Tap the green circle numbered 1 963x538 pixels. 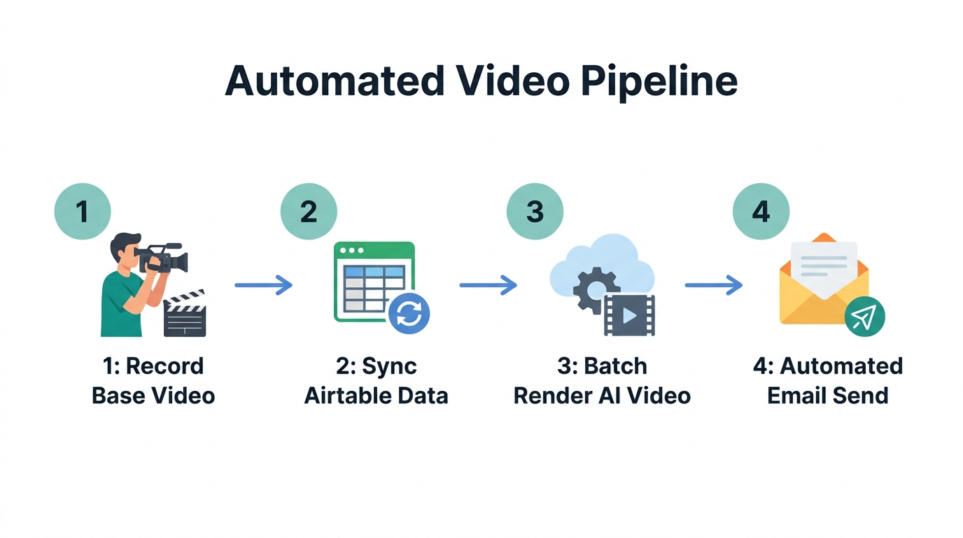click(83, 211)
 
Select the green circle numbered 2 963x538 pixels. click(309, 211)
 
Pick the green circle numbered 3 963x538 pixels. click(535, 211)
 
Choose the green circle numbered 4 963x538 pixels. click(761, 211)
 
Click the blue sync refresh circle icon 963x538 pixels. click(409, 314)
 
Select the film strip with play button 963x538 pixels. click(629, 315)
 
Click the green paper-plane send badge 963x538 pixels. click(864, 317)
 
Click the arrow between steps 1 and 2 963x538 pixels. click(263, 285)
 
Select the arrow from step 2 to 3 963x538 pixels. click(488, 285)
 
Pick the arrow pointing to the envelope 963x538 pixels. click(713, 285)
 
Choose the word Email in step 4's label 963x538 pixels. click(795, 395)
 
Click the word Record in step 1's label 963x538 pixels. click(165, 366)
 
